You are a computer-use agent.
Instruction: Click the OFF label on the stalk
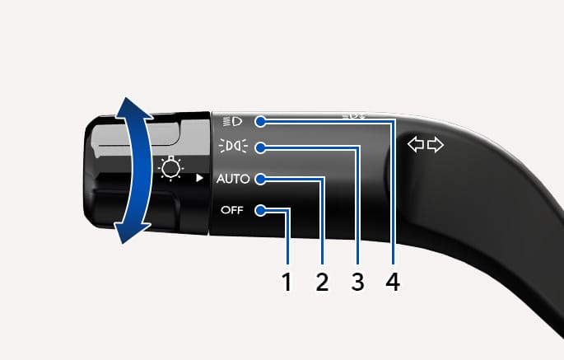tap(232, 210)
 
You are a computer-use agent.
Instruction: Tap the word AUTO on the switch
tap(233, 179)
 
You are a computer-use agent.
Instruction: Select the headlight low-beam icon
tap(233, 121)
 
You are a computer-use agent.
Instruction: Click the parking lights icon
tap(233, 146)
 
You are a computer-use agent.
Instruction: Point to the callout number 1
tap(287, 282)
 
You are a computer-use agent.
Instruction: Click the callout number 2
tap(322, 282)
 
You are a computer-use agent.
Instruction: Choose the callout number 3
tap(357, 282)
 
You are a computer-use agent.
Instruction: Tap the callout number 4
tap(393, 282)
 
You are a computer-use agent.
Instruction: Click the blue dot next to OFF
tap(260, 211)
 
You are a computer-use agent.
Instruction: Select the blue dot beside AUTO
tap(260, 180)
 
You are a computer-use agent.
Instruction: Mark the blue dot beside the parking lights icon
tap(260, 147)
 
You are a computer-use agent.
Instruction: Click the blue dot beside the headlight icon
tap(260, 122)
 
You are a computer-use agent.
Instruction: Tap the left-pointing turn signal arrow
tap(416, 145)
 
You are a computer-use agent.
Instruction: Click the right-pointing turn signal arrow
tap(436, 145)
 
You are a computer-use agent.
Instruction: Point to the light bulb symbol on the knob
tap(171, 168)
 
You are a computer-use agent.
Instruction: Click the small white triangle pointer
tap(199, 178)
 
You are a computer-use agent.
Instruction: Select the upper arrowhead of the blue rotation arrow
tap(133, 108)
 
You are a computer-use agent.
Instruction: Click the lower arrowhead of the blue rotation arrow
tap(133, 232)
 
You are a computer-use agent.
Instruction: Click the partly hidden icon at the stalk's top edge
tap(354, 116)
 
